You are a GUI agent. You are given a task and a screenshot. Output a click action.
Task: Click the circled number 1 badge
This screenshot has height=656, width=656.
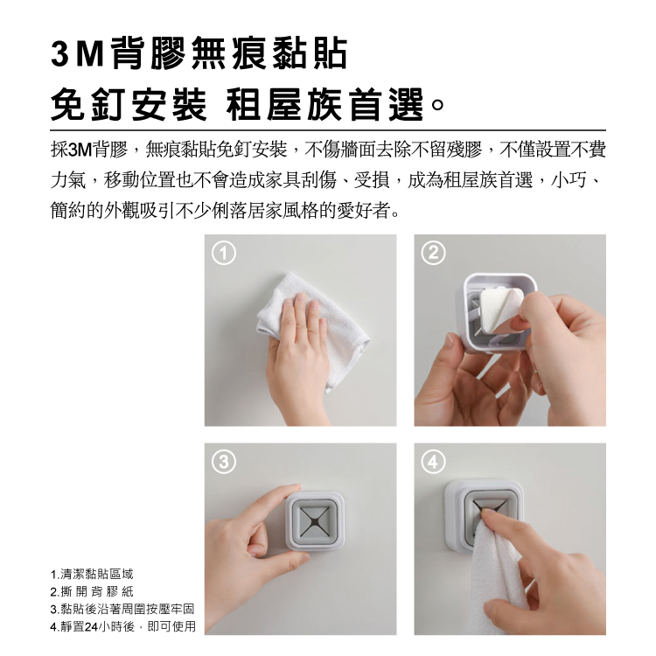[224, 253]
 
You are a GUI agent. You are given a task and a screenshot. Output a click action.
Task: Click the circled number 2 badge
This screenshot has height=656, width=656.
[433, 253]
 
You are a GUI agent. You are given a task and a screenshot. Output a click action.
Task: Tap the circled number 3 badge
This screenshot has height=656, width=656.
[224, 462]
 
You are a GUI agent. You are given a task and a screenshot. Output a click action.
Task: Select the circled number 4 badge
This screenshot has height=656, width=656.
[433, 462]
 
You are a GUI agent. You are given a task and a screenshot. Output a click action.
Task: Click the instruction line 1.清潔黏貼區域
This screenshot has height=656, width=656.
[92, 574]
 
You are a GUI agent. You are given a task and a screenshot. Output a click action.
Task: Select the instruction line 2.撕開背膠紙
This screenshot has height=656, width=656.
[92, 591]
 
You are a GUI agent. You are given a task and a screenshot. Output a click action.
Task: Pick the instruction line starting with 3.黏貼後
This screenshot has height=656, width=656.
[122, 609]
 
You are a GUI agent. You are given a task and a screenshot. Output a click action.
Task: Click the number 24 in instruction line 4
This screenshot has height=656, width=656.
[91, 627]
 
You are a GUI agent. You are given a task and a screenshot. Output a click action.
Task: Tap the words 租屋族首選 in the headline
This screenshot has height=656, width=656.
[325, 105]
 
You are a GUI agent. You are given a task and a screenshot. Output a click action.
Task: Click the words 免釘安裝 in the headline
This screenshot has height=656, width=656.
[129, 105]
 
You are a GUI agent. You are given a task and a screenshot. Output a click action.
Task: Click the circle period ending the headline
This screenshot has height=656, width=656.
[437, 105]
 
